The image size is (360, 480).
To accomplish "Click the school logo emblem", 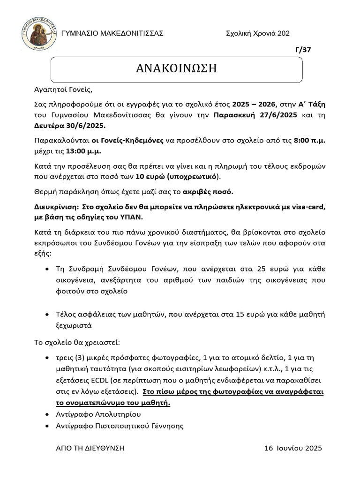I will (39, 34).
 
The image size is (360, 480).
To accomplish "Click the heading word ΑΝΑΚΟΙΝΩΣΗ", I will (176, 68).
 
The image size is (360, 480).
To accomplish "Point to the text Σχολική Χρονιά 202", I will (257, 33).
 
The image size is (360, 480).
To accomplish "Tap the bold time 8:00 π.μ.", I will (308, 140).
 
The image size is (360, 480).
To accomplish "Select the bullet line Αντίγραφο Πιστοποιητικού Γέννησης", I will (119, 426).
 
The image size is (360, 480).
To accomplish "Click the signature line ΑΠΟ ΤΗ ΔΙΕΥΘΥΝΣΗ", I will (90, 448).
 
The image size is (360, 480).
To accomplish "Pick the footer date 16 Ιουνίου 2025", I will (293, 448).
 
